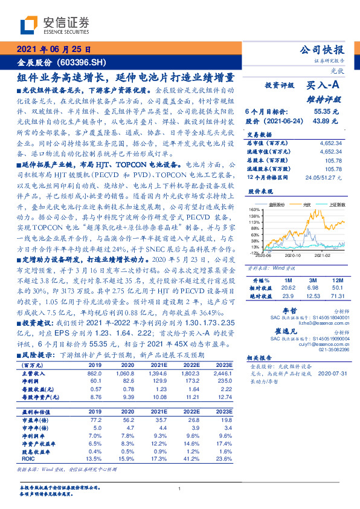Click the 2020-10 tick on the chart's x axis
point(292,256)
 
